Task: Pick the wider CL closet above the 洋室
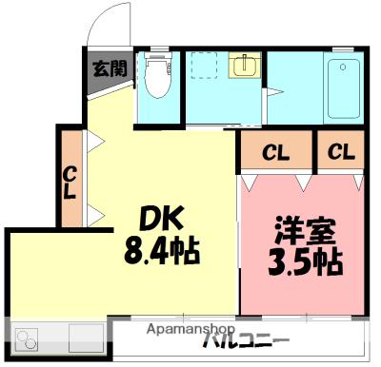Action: (275, 151)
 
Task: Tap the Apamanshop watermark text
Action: (190, 328)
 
